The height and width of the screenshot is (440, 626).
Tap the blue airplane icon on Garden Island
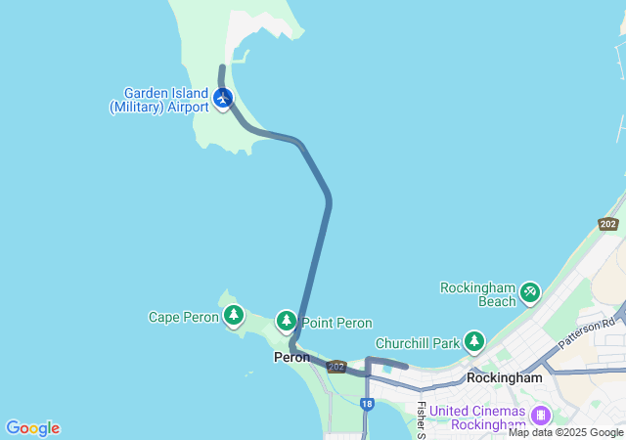(223, 98)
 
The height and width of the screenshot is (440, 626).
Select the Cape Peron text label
(183, 317)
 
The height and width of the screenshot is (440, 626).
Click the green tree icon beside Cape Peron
(233, 315)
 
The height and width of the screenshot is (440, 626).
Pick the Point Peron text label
(336, 323)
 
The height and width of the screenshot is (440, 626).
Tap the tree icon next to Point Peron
(287, 320)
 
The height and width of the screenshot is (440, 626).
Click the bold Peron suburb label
(291, 358)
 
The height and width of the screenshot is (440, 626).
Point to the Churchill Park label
(417, 343)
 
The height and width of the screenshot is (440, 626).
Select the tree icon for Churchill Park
(474, 341)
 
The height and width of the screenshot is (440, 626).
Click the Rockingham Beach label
(477, 295)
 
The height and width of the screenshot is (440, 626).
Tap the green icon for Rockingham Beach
(530, 290)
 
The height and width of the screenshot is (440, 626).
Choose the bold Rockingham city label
(505, 377)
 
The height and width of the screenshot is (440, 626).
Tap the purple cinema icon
(540, 416)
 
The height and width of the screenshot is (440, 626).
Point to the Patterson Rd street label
(587, 332)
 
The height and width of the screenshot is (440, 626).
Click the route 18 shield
(366, 403)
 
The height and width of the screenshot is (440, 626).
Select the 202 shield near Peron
(336, 367)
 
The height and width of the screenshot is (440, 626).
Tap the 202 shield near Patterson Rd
(608, 224)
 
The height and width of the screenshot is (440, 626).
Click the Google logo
(32, 428)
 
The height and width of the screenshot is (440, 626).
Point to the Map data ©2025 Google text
(565, 432)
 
